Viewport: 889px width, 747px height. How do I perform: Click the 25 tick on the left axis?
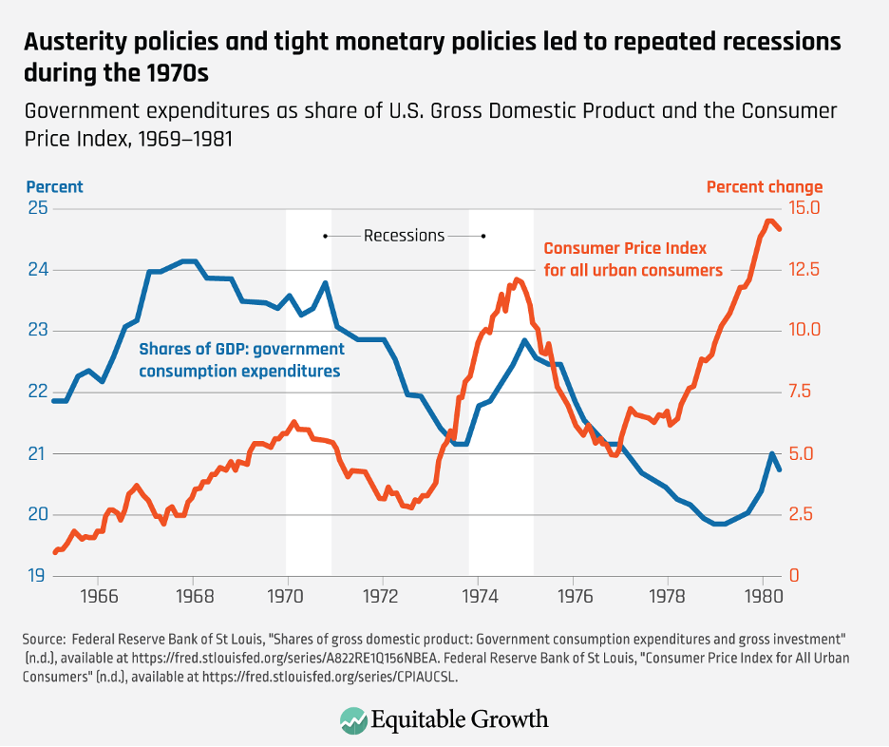pos(39,208)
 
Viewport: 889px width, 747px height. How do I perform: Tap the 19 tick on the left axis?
pos(39,576)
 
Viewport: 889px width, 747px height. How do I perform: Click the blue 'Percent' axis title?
pos(54,187)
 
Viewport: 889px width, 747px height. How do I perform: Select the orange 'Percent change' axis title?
pos(764,187)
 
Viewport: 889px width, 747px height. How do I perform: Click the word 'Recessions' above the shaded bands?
pos(404,235)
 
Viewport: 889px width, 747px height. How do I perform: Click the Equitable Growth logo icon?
pos(354,718)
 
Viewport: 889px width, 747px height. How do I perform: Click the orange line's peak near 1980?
pos(767,221)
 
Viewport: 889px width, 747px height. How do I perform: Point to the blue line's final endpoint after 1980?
pos(780,469)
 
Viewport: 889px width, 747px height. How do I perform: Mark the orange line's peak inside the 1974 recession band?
pos(517,279)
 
